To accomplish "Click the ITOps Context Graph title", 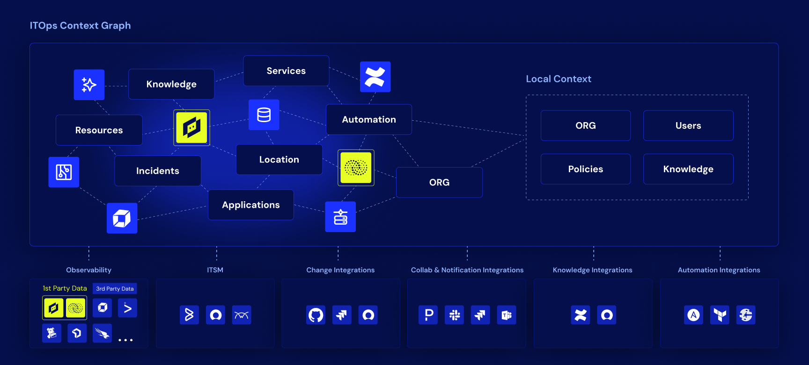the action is click(x=80, y=26).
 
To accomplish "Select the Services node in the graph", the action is click(x=286, y=71).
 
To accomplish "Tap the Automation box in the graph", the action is click(x=369, y=119).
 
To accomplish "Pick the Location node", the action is click(x=279, y=160).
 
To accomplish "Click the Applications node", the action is click(x=251, y=205).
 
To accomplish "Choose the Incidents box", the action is click(x=158, y=171).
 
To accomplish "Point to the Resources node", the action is click(x=99, y=130).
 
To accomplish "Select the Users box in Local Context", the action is click(x=688, y=125).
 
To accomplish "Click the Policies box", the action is click(x=586, y=169).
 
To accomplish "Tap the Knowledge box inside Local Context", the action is click(x=688, y=169).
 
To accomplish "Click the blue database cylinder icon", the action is click(x=264, y=115).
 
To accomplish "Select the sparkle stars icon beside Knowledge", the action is click(x=89, y=85).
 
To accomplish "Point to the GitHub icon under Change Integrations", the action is click(x=316, y=315).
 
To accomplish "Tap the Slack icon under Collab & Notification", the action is click(x=454, y=315).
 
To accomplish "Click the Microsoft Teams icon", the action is click(x=507, y=315).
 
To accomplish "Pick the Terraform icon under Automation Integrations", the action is click(x=720, y=315).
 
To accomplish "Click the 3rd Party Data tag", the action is click(x=115, y=289).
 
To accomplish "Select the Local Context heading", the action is click(x=559, y=79).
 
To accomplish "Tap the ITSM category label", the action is click(x=215, y=270).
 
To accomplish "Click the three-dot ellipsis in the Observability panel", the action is click(x=125, y=340).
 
